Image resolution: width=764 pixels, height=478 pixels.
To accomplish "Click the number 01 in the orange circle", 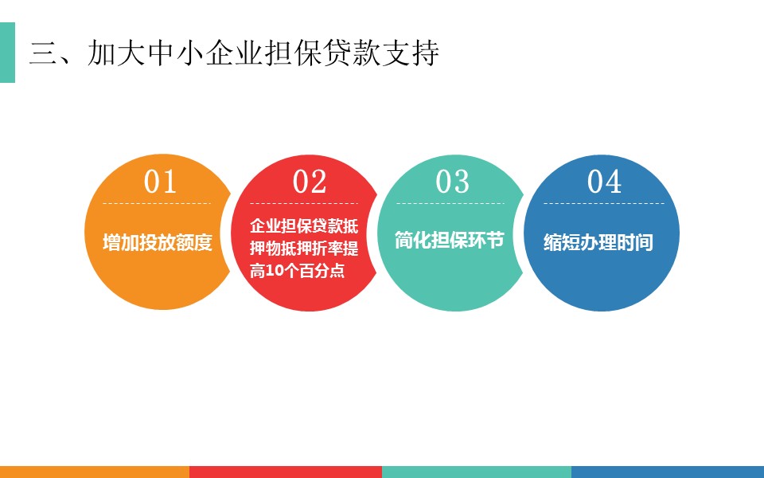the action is click(160, 182).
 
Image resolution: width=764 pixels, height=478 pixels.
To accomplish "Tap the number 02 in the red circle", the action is click(310, 182).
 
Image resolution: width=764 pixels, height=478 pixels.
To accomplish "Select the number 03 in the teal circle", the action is click(452, 182).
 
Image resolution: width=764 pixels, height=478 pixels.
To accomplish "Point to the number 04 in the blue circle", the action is click(604, 182).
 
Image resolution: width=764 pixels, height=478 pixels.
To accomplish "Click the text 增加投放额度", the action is click(158, 242).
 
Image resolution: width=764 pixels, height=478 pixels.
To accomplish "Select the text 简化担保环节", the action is click(449, 240).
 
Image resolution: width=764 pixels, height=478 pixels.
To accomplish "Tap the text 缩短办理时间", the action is click(598, 242).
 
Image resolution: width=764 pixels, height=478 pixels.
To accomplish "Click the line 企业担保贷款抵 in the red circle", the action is click(304, 225).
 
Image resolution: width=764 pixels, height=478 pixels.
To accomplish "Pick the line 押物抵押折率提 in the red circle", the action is click(304, 248).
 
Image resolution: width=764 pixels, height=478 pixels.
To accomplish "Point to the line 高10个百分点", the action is click(297, 270).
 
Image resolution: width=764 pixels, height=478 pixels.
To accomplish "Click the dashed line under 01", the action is click(157, 203).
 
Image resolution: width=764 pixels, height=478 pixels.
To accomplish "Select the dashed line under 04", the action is click(604, 203).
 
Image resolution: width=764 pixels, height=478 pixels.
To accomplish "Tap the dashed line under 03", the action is click(450, 203).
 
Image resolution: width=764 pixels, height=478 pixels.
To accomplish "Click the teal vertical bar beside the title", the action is click(7, 53).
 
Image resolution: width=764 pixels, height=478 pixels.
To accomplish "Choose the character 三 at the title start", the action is click(43, 53).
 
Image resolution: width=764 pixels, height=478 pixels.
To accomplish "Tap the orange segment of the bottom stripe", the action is click(95, 472).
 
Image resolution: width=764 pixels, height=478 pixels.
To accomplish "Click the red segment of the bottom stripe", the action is click(286, 472).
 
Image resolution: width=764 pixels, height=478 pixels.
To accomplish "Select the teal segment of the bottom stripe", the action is click(477, 472).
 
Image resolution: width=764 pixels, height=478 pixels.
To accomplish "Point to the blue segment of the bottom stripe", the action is click(668, 472).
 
